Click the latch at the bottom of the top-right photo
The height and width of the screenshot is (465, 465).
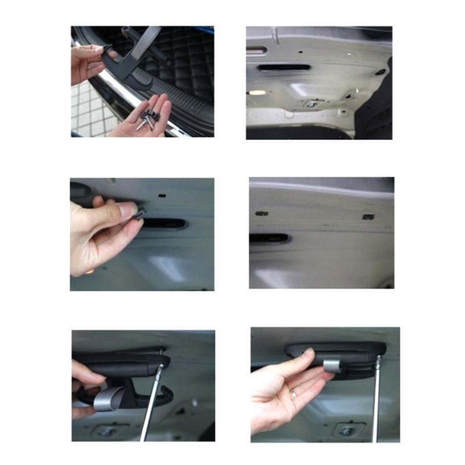pyautogui.click(x=312, y=104)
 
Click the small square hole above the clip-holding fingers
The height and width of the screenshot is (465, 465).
pyautogui.click(x=161, y=197)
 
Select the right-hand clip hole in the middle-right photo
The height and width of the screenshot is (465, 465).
pyautogui.click(x=367, y=217)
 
